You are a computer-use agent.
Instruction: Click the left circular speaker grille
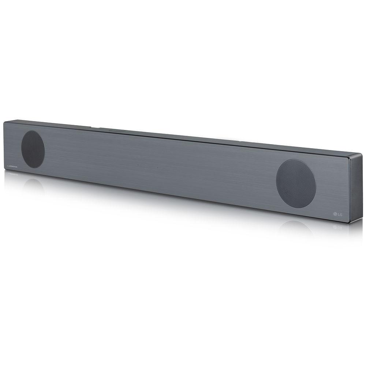point(33,149)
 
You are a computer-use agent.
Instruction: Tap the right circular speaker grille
point(296,181)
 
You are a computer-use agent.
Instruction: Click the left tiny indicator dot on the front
point(138,165)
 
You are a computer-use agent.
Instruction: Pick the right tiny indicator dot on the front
point(157,168)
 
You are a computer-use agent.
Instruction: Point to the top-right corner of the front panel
point(347,156)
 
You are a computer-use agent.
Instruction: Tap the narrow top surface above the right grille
point(296,149)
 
